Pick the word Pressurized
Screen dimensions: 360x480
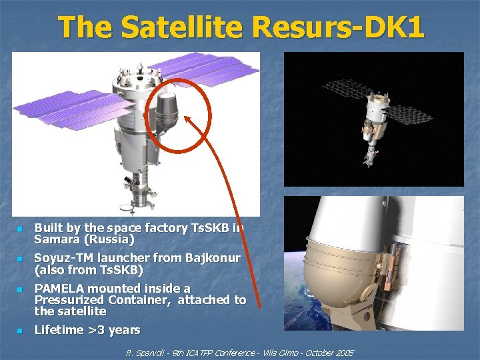click(x=70, y=300)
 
